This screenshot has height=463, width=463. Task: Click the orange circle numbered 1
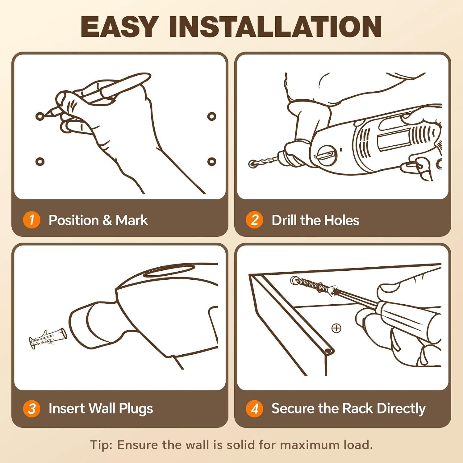click(x=31, y=220)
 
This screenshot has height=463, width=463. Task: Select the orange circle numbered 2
click(x=254, y=220)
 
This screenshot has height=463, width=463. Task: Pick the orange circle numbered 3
click(x=31, y=409)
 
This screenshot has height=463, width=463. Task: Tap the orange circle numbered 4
click(x=254, y=409)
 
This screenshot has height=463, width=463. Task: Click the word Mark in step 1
click(x=132, y=220)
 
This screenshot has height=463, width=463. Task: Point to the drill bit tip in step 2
click(x=252, y=164)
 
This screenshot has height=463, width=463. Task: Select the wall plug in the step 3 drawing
click(x=48, y=338)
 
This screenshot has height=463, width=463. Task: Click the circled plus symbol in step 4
click(x=336, y=328)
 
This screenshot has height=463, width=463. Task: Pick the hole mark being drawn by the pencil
click(x=40, y=117)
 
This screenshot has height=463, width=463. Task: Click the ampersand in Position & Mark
click(x=107, y=220)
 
